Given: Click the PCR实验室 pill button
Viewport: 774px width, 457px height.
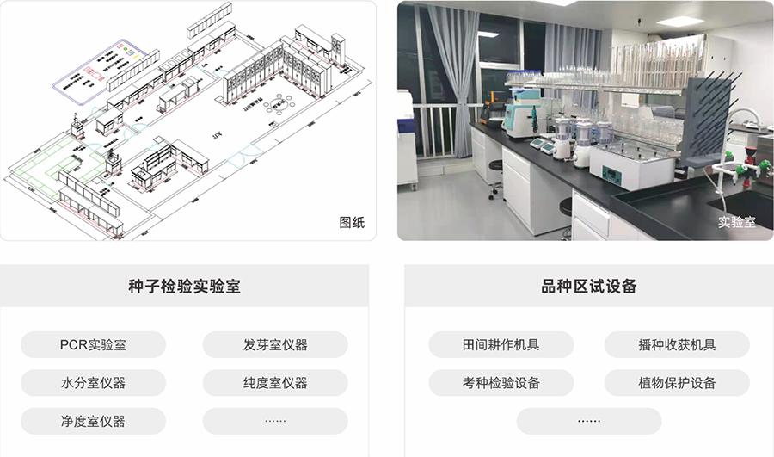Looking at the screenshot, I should (93, 345).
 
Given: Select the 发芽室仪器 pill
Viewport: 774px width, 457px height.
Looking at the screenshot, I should (275, 345).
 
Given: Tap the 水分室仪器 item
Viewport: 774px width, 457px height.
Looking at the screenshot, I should (93, 383).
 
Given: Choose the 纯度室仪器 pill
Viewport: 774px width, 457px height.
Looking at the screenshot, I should (275, 383).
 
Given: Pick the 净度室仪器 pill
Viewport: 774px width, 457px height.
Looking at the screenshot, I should (93, 421).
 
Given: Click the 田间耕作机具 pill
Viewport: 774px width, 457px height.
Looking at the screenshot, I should (501, 345).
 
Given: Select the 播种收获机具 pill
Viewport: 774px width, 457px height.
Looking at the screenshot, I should (677, 345).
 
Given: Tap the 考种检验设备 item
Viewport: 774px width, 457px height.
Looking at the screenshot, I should (501, 383).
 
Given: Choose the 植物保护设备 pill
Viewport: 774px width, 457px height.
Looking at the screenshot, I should (677, 383).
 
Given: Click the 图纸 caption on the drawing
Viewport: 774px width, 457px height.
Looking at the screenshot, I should (352, 222).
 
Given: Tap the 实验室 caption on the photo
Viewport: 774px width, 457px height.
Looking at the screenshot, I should (737, 222).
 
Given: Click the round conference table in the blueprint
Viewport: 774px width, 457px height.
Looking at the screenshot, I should (278, 106).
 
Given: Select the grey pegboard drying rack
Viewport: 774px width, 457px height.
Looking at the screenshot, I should (706, 120).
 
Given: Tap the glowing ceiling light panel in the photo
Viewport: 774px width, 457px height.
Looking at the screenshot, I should (679, 21).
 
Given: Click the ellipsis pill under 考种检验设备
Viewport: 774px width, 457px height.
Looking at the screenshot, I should (589, 421).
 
